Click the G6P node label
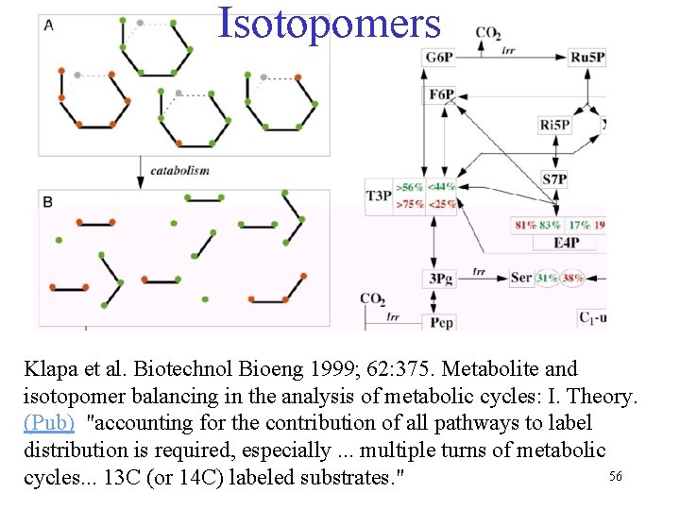439,57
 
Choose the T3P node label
378,195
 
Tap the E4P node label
567,243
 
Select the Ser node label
520,278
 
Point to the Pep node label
441,322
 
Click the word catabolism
179,170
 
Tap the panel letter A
48,25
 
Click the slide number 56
615,476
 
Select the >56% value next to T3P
410,187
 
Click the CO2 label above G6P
487,34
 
